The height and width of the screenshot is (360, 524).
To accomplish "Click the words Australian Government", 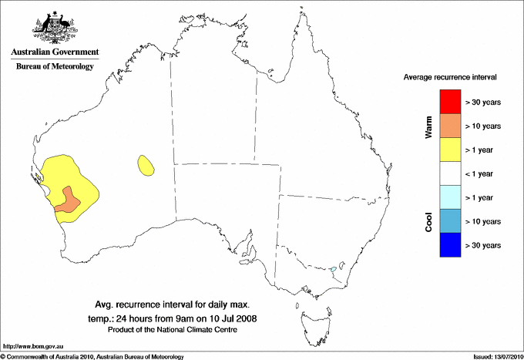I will click(55, 52).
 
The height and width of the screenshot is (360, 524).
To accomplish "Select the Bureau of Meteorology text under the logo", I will click(55, 67).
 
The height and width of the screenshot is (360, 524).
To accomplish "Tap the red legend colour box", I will click(449, 101).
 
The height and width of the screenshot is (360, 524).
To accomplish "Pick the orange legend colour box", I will click(449, 125).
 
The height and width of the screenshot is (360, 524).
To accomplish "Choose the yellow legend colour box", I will click(449, 149).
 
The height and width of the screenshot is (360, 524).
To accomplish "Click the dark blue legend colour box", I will click(449, 244).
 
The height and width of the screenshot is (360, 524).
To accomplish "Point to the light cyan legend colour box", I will click(449, 197).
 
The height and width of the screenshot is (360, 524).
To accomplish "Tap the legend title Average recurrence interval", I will click(450, 78).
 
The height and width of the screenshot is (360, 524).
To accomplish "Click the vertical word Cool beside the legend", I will click(428, 222).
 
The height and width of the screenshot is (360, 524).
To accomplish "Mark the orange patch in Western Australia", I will click(68, 199).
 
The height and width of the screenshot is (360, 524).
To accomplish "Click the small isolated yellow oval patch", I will click(144, 163).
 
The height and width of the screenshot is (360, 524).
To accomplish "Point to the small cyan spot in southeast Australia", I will click(332, 269).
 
